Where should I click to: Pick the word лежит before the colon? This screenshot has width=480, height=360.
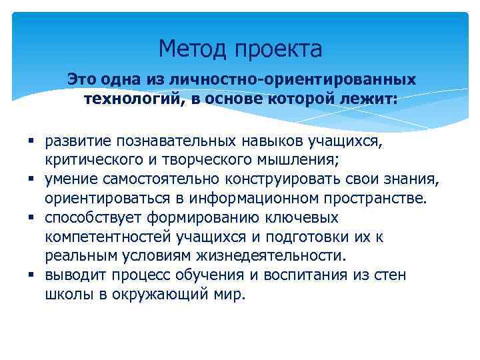(x=369, y=99)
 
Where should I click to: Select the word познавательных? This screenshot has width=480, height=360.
(x=173, y=141)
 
